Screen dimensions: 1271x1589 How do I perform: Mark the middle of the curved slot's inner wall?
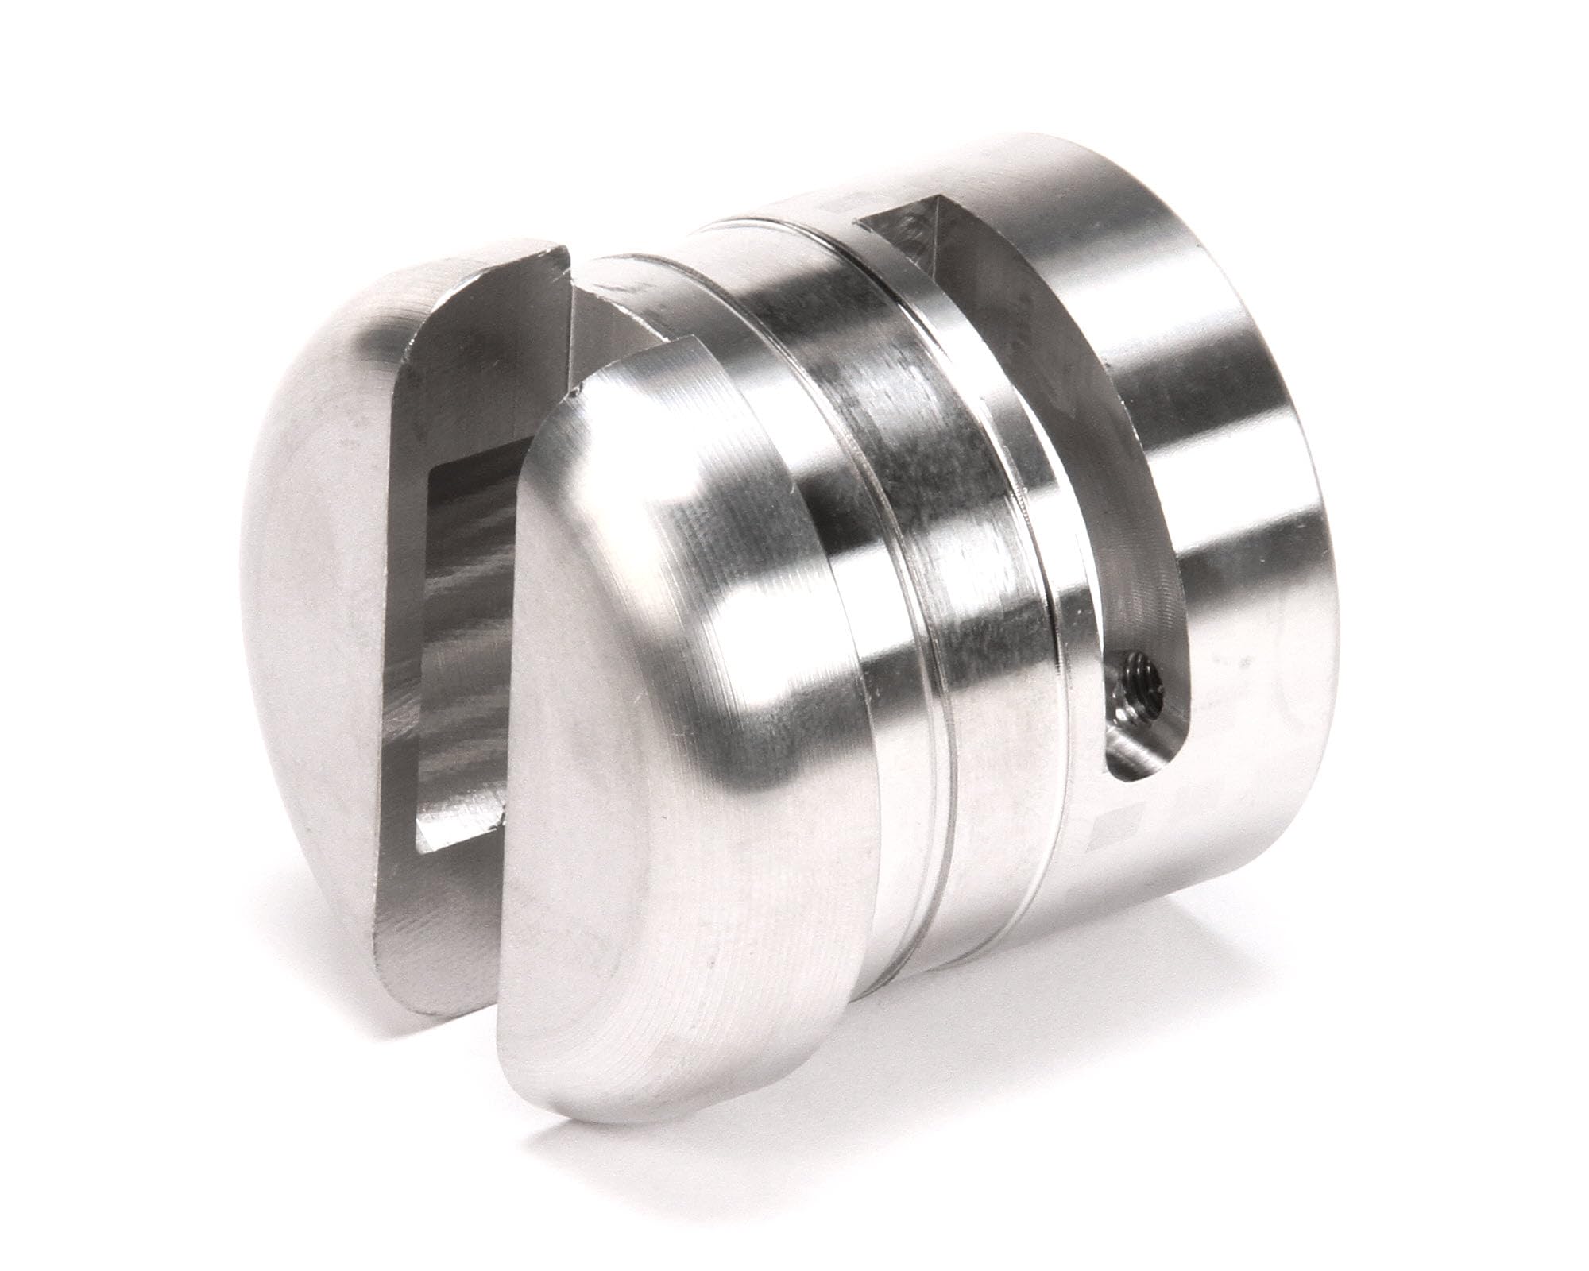tap(1033, 397)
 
